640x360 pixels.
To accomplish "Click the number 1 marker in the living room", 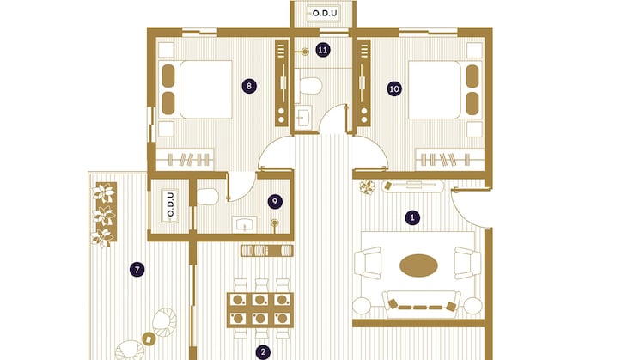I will [x=412, y=217].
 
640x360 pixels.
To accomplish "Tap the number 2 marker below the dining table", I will [x=264, y=351].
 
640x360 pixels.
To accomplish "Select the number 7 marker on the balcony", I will [x=137, y=269].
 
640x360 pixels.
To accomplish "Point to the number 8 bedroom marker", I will [x=248, y=86].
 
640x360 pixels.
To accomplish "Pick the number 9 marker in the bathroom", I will [x=275, y=201].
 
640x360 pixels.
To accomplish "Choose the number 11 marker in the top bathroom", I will [x=322, y=50].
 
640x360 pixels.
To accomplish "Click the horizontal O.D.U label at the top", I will [x=325, y=14].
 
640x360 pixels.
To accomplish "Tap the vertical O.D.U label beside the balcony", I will [x=168, y=207].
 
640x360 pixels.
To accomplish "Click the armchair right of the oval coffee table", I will [x=466, y=262].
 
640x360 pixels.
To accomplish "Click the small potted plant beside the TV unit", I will [x=368, y=186].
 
